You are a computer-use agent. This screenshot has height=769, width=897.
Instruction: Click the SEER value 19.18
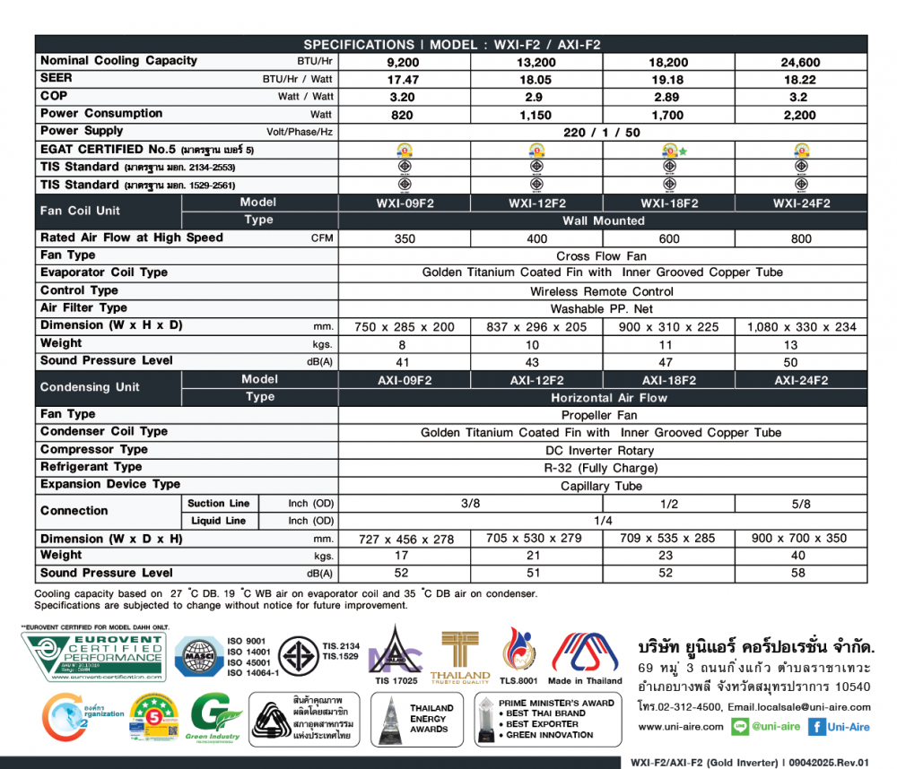(668, 80)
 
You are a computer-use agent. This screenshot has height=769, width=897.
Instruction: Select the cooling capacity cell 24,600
(801, 63)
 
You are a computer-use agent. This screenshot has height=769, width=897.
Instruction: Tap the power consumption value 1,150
(536, 116)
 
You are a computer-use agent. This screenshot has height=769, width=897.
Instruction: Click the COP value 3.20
(403, 98)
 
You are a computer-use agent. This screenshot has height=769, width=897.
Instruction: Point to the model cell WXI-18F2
(668, 203)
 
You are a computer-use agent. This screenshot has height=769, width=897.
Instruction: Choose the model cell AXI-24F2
(801, 381)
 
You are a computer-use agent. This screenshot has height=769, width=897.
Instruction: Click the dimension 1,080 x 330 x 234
(801, 327)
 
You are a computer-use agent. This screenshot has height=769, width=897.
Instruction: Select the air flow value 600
(668, 239)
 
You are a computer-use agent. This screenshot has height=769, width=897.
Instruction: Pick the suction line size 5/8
(801, 505)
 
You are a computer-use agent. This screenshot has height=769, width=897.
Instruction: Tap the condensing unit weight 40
(801, 557)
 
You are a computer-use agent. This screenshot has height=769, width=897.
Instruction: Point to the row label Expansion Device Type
(110, 484)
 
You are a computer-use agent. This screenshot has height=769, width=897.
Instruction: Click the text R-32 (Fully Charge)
(600, 468)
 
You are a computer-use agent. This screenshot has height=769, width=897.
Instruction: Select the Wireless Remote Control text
(602, 291)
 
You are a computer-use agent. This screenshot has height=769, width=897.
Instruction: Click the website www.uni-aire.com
(668, 728)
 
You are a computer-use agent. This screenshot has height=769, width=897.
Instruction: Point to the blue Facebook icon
(817, 728)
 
